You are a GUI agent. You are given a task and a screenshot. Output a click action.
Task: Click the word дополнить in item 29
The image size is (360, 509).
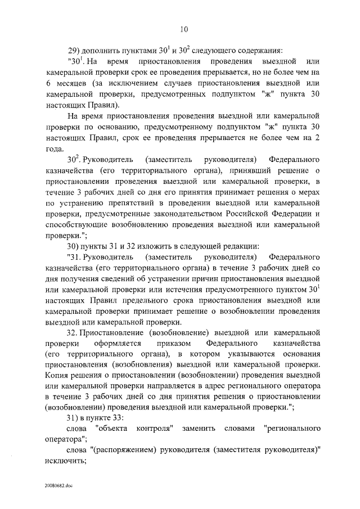click(x=102, y=47)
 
